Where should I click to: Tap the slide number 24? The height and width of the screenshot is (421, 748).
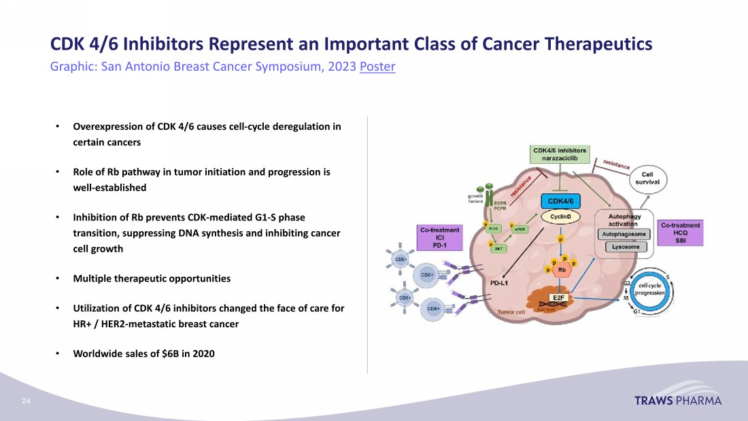[x=27, y=401]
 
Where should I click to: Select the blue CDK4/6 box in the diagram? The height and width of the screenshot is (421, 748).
[x=560, y=201]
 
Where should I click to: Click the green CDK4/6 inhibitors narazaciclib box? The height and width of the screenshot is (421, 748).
[x=560, y=154]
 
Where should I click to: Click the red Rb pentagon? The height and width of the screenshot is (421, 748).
[x=562, y=270]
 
